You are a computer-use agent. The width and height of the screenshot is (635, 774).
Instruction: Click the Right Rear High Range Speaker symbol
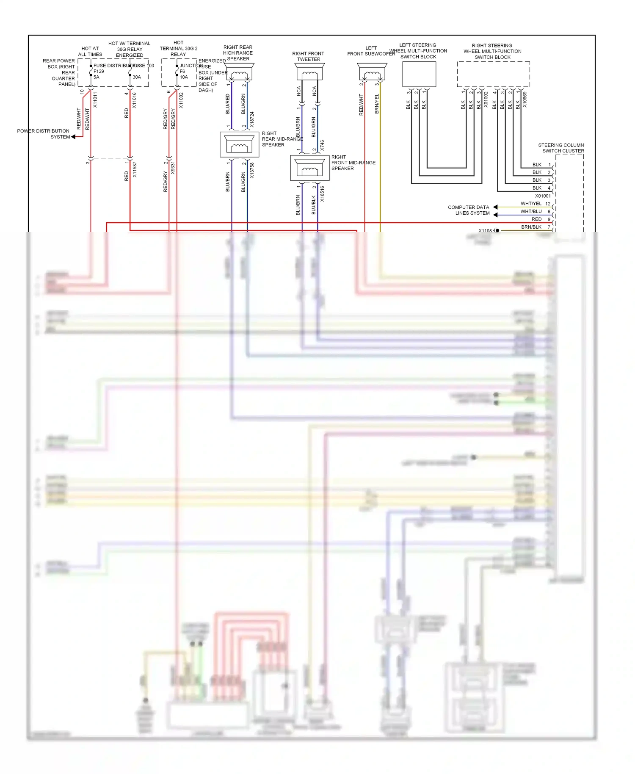[x=240, y=72]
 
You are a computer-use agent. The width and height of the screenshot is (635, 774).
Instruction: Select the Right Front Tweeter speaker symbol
[x=310, y=72]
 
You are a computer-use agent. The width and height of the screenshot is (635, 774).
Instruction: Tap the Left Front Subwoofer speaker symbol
[x=372, y=72]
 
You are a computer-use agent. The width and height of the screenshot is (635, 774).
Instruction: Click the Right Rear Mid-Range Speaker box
[x=239, y=144]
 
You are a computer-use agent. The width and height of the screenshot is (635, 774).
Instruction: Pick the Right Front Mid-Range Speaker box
[x=309, y=168]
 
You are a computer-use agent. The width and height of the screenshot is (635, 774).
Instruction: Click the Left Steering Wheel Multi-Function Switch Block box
[x=419, y=74]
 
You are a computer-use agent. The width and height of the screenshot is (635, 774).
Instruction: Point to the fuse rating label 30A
[x=137, y=77]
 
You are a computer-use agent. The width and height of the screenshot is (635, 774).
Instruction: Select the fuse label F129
[x=99, y=72]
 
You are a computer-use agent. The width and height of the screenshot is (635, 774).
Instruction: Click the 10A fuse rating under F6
[x=184, y=77]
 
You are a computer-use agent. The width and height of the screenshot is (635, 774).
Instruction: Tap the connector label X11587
[x=135, y=169]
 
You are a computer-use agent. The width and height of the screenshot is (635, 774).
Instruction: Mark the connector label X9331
[x=173, y=168]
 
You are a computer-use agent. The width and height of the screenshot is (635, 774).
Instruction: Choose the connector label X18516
[x=322, y=193]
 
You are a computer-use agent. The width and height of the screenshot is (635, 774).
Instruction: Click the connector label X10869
[x=525, y=100]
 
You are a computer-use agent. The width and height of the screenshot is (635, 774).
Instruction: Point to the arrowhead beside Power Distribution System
[x=73, y=137]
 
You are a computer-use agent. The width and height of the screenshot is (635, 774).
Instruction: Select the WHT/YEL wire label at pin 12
[x=531, y=204]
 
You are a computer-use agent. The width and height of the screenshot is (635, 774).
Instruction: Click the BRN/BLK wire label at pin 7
[x=531, y=227]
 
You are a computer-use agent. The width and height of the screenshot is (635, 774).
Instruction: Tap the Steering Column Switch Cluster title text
[x=561, y=148]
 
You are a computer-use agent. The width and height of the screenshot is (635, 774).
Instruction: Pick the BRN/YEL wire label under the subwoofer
[x=377, y=104]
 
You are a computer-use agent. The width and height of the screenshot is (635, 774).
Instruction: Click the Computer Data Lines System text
[x=469, y=210]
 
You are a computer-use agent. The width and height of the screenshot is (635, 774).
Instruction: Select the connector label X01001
[x=543, y=196]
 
